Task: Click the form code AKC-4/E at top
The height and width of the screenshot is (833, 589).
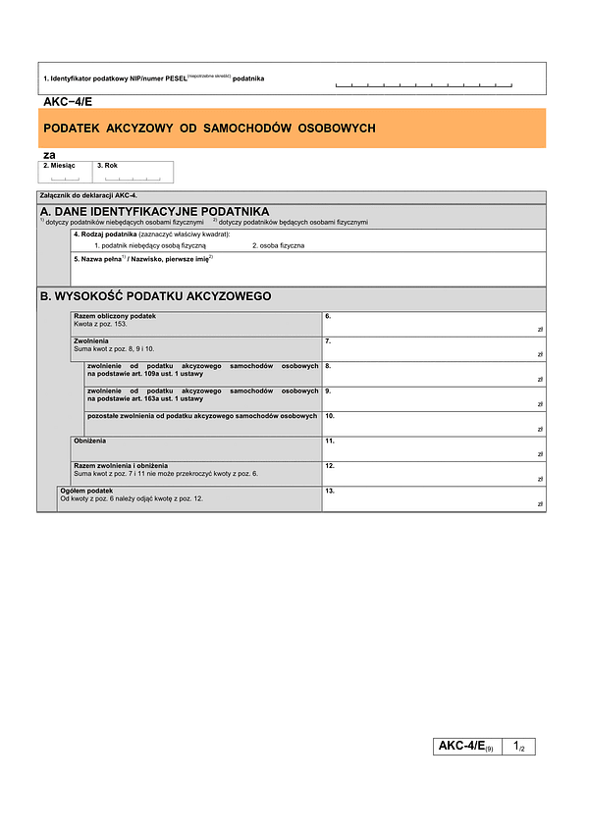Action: [x=68, y=101]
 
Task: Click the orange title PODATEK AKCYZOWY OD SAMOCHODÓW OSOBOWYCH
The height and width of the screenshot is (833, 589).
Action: [x=208, y=129]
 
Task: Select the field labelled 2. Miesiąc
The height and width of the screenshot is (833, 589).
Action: [x=65, y=173]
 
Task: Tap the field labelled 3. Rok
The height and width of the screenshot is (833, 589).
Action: [x=134, y=173]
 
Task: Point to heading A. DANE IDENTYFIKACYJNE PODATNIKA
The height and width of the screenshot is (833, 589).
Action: [x=154, y=212]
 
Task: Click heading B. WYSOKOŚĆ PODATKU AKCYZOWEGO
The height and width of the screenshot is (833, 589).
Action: [x=155, y=296]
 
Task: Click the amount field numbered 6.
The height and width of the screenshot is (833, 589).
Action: [x=433, y=324]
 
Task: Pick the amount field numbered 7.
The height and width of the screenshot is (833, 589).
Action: [x=433, y=348]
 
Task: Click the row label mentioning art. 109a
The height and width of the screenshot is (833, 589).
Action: [x=202, y=370]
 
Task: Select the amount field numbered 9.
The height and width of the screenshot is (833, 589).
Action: [x=433, y=398]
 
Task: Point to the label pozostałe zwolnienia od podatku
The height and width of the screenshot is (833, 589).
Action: [x=202, y=417]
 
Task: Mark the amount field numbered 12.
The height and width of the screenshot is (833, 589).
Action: [x=433, y=473]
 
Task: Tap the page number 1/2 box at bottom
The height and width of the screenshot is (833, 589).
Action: [x=518, y=748]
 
